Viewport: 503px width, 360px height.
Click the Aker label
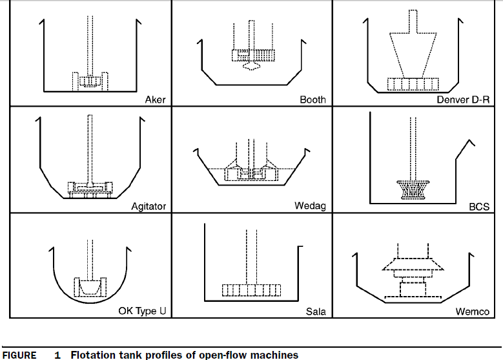[155, 100]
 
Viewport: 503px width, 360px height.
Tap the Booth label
[313, 100]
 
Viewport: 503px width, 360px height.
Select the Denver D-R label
[463, 100]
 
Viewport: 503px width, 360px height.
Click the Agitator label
[149, 206]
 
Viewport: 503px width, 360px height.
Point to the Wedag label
[310, 206]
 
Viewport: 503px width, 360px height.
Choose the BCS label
[479, 207]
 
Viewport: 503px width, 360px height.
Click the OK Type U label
[142, 311]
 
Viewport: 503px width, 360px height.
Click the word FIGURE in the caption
[19, 355]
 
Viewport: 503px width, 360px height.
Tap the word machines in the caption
[273, 355]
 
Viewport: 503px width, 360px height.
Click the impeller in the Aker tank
[90, 81]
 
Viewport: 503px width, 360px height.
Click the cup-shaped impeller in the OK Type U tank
[90, 286]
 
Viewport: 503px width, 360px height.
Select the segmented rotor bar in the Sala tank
[251, 290]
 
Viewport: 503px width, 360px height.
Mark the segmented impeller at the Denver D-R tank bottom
[413, 84]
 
